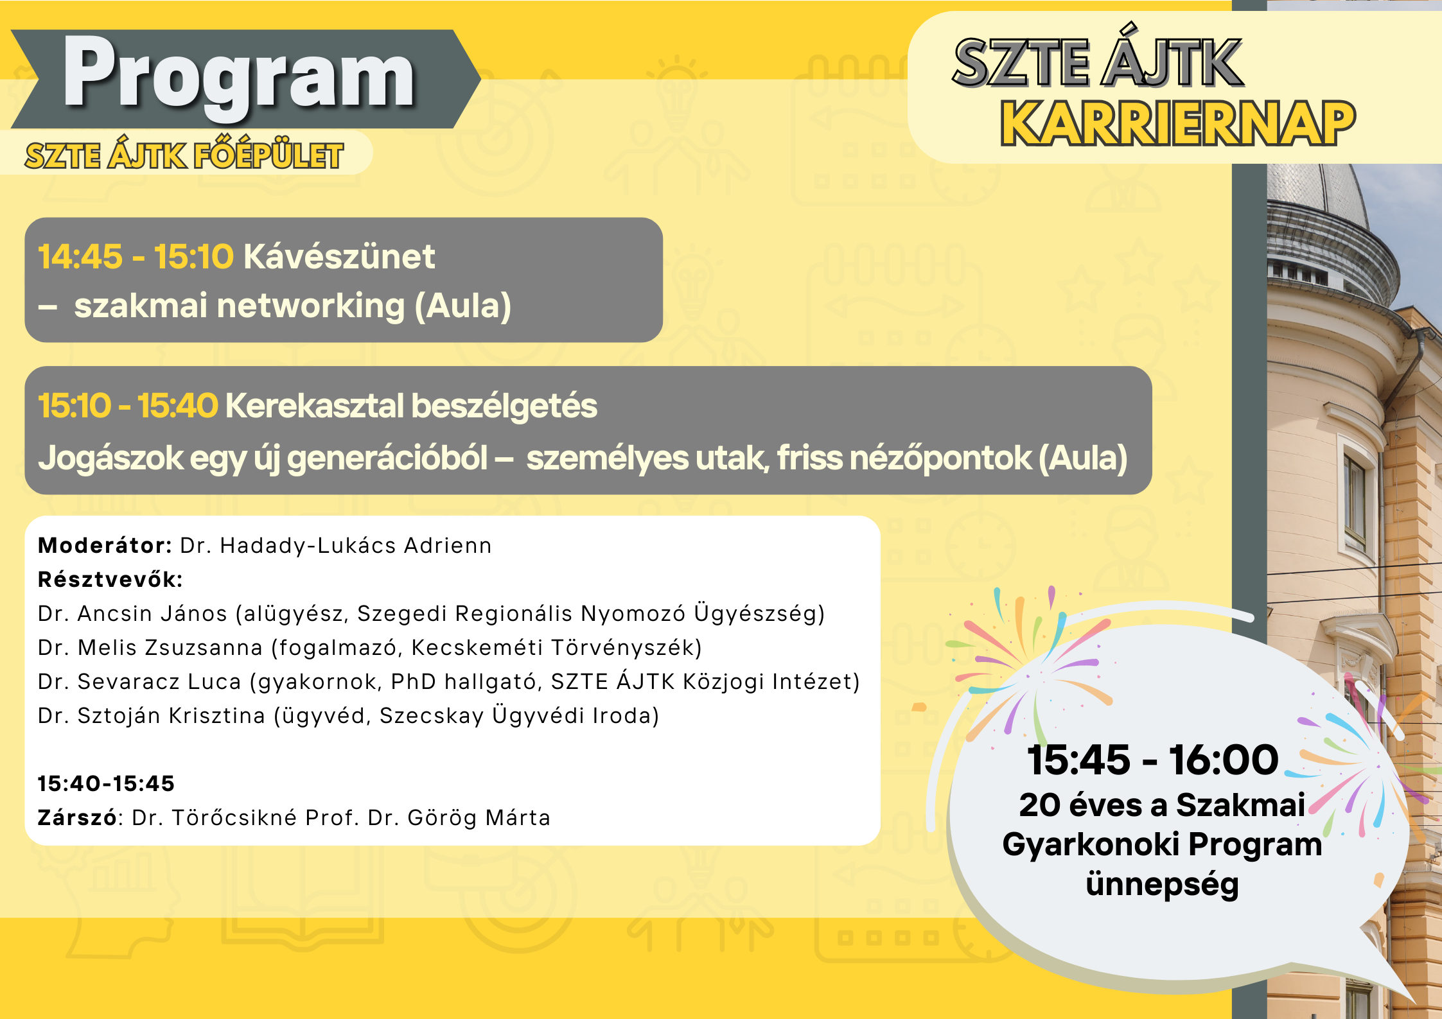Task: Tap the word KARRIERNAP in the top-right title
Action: coord(1178,123)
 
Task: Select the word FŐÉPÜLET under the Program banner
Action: coord(268,155)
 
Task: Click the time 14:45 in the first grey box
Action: coord(80,257)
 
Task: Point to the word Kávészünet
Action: coord(339,257)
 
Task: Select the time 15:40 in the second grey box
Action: coord(178,406)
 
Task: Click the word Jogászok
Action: coord(110,458)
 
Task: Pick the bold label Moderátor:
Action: coord(105,546)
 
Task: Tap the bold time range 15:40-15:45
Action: coord(106,784)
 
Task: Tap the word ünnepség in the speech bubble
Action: coord(1162,885)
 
